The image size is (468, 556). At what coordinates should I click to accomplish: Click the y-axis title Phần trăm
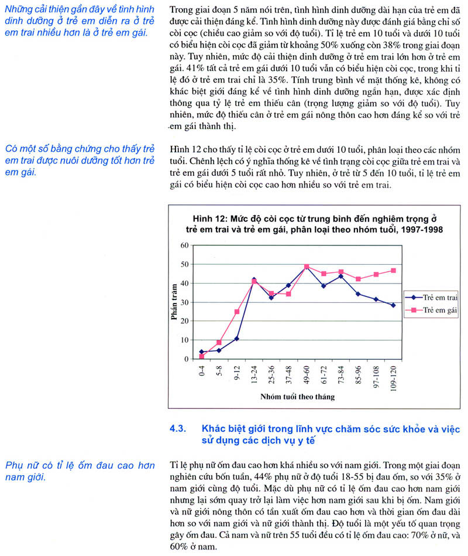click(174, 302)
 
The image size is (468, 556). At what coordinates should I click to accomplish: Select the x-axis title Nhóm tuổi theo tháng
click(297, 397)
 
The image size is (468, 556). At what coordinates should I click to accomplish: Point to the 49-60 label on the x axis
click(306, 373)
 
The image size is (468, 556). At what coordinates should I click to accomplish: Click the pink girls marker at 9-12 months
click(237, 312)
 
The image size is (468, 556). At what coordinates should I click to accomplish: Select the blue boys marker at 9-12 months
click(237, 339)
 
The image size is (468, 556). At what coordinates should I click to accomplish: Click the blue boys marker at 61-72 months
click(323, 285)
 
